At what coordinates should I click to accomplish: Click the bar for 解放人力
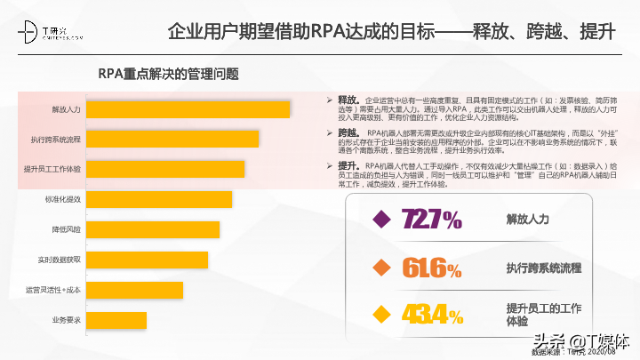tap(189, 109)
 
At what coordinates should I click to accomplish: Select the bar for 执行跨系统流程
tap(174, 140)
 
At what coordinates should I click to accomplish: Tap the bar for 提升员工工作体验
tap(166, 169)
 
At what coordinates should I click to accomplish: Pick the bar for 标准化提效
tap(160, 199)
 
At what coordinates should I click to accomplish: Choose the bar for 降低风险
tap(154, 229)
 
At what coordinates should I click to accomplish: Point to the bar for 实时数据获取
tap(148, 260)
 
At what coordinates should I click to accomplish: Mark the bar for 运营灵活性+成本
tap(136, 290)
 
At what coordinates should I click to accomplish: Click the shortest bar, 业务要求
tap(117, 319)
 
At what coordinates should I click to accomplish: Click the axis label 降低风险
tap(67, 229)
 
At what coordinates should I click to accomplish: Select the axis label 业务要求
tap(67, 319)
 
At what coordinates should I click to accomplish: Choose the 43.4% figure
tap(431, 315)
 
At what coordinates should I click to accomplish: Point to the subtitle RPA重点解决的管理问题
tap(168, 73)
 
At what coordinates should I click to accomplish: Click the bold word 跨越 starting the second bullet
tap(348, 132)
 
